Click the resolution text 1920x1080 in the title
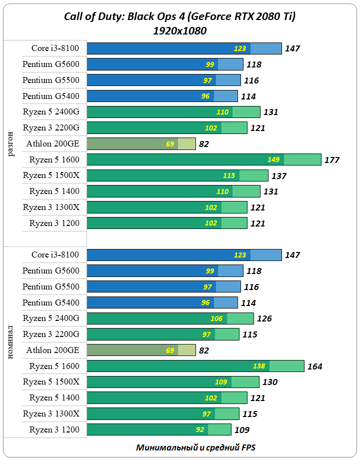click(180, 31)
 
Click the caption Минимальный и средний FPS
click(195, 447)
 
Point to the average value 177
click(331, 160)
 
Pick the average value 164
click(315, 366)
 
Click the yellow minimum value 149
click(273, 160)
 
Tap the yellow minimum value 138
click(259, 366)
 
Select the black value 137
click(278, 176)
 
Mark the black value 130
click(269, 382)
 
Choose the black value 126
click(264, 318)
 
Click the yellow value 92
click(199, 430)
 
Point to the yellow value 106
click(216, 318)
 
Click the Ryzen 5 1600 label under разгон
click(54, 160)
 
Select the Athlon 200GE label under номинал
click(52, 350)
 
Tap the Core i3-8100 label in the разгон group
click(55, 48)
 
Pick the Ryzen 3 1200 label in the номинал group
click(54, 430)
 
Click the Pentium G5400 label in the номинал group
click(50, 302)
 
